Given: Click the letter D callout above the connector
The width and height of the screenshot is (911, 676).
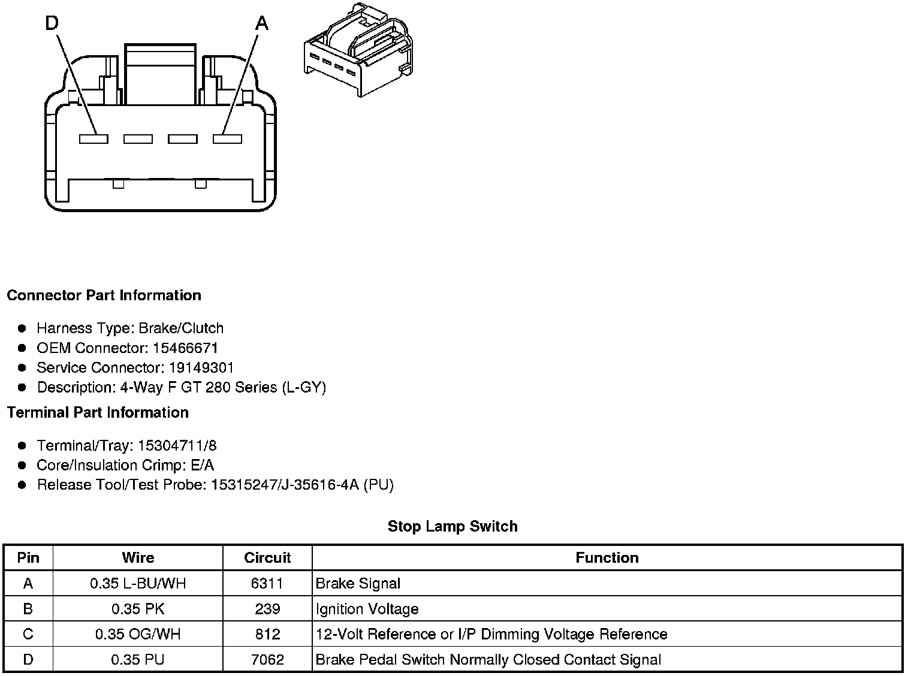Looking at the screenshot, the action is [52, 24].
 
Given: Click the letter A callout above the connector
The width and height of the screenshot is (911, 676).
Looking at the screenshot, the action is [262, 24].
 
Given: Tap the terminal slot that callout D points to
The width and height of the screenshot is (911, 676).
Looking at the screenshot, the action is [93, 139].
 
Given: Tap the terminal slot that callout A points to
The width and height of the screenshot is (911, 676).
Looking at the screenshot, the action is [227, 139].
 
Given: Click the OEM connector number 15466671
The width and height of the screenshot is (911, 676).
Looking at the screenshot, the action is [185, 348].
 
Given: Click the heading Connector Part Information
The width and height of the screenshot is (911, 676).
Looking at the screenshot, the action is [104, 295].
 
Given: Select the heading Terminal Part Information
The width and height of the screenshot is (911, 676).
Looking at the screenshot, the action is [98, 413].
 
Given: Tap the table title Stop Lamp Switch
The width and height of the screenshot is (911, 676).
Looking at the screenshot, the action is [453, 527].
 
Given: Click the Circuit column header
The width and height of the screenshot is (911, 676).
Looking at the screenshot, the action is [267, 558].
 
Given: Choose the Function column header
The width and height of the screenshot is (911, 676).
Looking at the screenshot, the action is [607, 558].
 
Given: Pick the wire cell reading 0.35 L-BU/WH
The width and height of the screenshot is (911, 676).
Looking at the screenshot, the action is [138, 584].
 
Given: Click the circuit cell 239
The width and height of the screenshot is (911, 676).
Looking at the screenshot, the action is [267, 609].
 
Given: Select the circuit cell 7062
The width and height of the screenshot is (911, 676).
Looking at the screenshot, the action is [267, 660].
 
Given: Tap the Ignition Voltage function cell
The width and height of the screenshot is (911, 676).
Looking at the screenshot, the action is [367, 609].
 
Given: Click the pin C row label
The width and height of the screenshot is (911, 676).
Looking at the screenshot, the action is [28, 635].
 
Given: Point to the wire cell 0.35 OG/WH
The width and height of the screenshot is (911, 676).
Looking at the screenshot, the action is [138, 635].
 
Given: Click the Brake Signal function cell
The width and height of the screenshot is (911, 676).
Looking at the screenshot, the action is [358, 584].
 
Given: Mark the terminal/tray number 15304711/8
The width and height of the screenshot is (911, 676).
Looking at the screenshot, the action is [177, 446].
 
